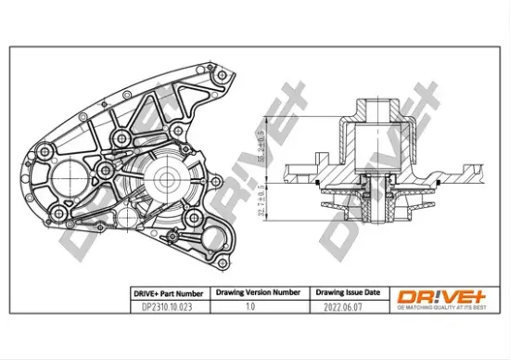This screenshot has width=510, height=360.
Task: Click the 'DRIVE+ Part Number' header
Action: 163,292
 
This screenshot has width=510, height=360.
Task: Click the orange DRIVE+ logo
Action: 441,296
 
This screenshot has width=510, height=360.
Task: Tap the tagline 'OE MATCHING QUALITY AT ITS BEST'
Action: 441,309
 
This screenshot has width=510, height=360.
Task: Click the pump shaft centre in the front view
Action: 168,177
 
